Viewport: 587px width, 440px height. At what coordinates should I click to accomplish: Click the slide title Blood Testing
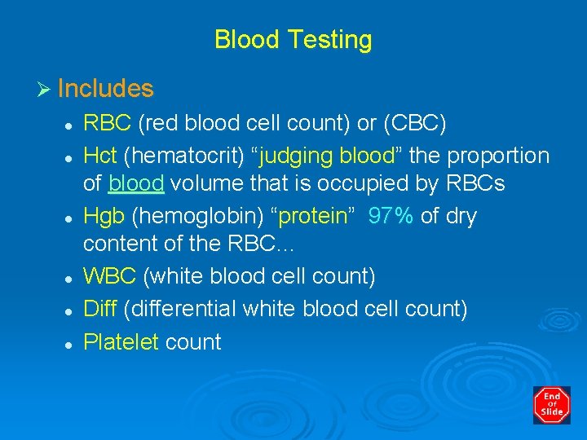point(293,40)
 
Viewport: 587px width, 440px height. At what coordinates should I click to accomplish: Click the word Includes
point(105,88)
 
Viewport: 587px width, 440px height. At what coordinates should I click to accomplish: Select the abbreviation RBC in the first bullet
point(108,123)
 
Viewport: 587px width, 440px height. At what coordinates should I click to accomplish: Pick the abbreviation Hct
point(100,156)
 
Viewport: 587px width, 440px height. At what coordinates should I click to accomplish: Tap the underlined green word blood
point(136,184)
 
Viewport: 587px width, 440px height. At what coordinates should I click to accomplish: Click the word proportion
point(498,156)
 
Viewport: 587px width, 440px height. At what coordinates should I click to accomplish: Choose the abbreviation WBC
point(110,276)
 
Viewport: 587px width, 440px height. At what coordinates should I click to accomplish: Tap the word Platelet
point(121,341)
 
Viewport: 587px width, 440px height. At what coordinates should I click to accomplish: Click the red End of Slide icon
point(551,405)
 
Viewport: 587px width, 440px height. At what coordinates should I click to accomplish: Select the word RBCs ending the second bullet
point(475,184)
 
